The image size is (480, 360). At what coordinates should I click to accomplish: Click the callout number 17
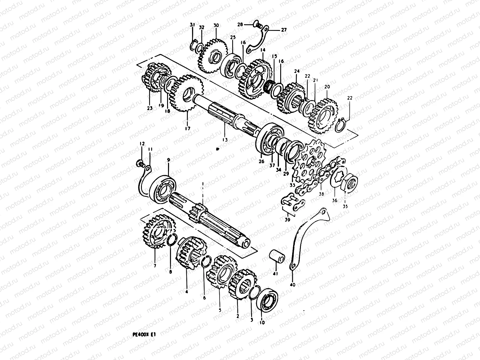[x=187, y=129]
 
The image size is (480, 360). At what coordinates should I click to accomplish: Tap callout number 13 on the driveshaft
[x=225, y=139]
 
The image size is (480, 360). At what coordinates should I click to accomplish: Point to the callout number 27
[x=283, y=30]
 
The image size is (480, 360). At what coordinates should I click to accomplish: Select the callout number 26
[x=261, y=161]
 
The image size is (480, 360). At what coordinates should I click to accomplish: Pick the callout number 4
[x=187, y=291]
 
